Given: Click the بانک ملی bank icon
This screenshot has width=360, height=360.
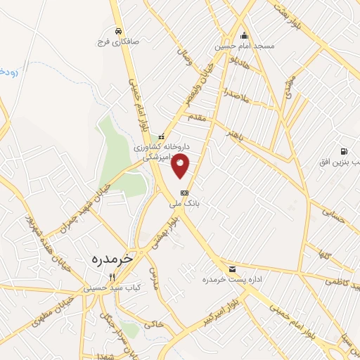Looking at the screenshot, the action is tap(184, 192).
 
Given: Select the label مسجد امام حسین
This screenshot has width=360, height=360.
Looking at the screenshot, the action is tap(244, 46).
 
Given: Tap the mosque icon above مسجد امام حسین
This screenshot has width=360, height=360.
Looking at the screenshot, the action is tap(244, 36).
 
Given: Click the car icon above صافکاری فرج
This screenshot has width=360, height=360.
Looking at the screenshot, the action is tap(119, 32).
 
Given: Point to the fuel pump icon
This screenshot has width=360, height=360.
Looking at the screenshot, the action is tap(343, 151).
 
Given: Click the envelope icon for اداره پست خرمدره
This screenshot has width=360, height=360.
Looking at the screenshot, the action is tap(232, 270).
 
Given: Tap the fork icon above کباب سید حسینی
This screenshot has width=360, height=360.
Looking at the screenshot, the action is tap(112, 277).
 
